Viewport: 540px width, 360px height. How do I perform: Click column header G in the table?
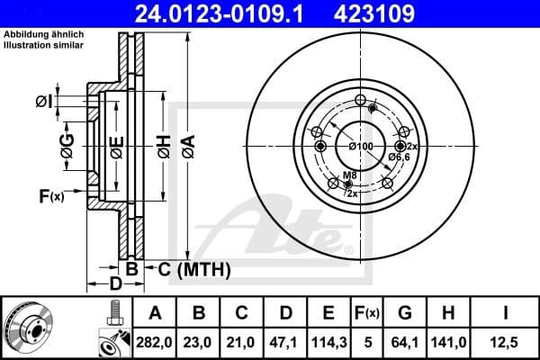coord(405,313)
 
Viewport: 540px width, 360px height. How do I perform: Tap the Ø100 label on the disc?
coord(360,147)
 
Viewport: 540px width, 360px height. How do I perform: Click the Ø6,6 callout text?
coord(400,157)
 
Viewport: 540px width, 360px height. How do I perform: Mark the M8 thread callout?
coord(348,175)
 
